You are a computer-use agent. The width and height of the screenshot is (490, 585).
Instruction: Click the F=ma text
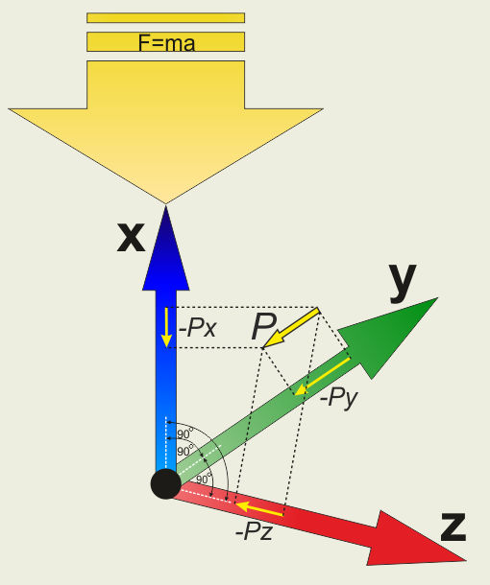[x=166, y=43]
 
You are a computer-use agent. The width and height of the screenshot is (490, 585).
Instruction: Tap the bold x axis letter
[x=131, y=237]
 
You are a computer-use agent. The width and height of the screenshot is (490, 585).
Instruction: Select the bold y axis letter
[x=403, y=282]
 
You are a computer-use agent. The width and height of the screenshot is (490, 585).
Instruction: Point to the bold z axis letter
[x=453, y=526]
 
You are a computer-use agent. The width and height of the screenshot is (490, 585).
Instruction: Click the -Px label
[x=197, y=328]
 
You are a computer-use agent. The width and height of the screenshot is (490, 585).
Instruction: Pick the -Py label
[x=339, y=398]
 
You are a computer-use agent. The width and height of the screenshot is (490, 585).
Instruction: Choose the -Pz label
[x=255, y=531]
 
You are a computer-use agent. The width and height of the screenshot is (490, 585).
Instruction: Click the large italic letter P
[x=264, y=326]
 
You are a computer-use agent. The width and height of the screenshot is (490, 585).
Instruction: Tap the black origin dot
[x=166, y=484]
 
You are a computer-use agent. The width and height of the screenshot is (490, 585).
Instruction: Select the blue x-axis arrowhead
[x=166, y=248]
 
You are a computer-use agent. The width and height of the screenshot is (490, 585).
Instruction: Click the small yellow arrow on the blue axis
[x=166, y=328]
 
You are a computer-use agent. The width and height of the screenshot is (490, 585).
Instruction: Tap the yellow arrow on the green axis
[x=322, y=377]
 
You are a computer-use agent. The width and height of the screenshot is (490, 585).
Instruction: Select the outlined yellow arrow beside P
[x=291, y=328]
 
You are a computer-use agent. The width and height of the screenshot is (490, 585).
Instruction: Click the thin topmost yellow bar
[x=166, y=18]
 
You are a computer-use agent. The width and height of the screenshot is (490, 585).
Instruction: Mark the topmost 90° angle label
[x=185, y=433]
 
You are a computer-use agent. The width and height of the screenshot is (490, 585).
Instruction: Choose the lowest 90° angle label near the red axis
[x=204, y=479]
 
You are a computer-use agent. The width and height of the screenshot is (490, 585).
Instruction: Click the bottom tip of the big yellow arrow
[x=165, y=203]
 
